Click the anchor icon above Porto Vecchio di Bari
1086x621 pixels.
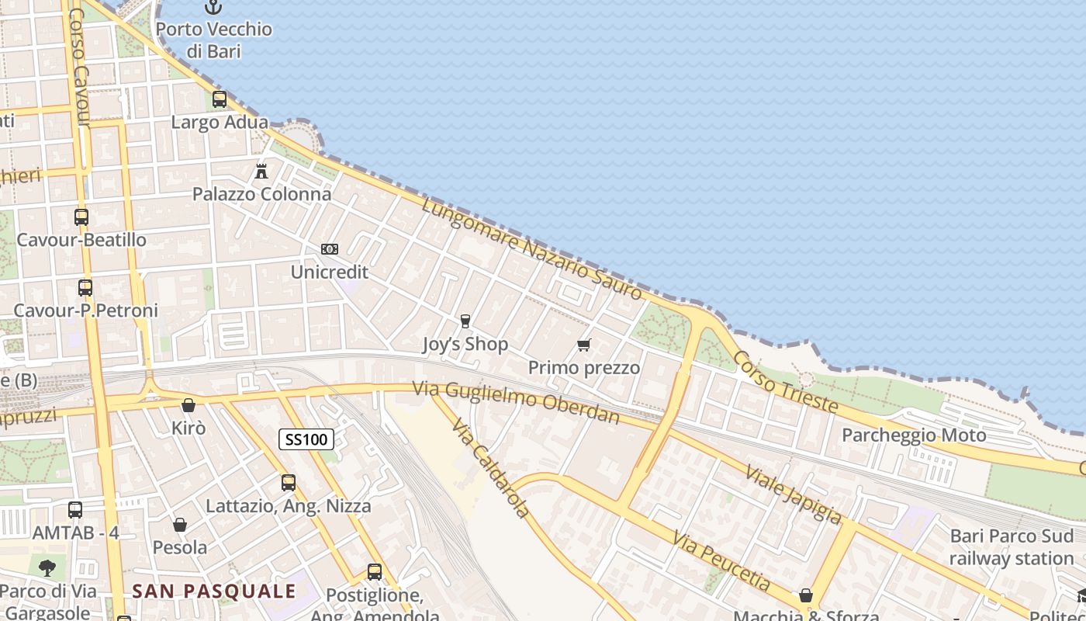pyautogui.click(x=213, y=8)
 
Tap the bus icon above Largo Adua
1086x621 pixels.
pyautogui.click(x=220, y=99)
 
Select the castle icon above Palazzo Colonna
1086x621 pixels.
pyautogui.click(x=261, y=171)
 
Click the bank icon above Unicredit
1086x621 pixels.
pyautogui.click(x=330, y=249)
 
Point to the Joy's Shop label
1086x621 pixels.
pyautogui.click(x=465, y=344)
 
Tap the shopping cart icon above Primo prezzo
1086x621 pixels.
pyautogui.click(x=584, y=345)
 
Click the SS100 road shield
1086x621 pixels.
pyautogui.click(x=306, y=440)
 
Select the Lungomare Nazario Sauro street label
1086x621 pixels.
pyautogui.click(x=532, y=248)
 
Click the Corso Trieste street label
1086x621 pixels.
pyautogui.click(x=785, y=381)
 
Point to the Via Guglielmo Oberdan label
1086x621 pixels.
pyautogui.click(x=517, y=402)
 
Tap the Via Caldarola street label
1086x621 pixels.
pyautogui.click(x=491, y=468)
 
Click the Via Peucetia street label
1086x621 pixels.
pyautogui.click(x=721, y=560)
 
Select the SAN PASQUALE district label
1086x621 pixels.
pyautogui.click(x=214, y=591)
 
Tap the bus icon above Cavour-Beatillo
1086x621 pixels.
pyautogui.click(x=81, y=217)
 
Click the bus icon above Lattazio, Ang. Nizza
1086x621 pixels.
pyautogui.click(x=289, y=483)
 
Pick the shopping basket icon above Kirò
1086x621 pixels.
pyautogui.click(x=188, y=405)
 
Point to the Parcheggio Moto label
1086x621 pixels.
pyautogui.click(x=914, y=435)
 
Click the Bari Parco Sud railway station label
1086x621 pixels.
pyautogui.click(x=1012, y=547)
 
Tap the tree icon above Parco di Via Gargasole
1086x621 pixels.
pyautogui.click(x=47, y=567)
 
